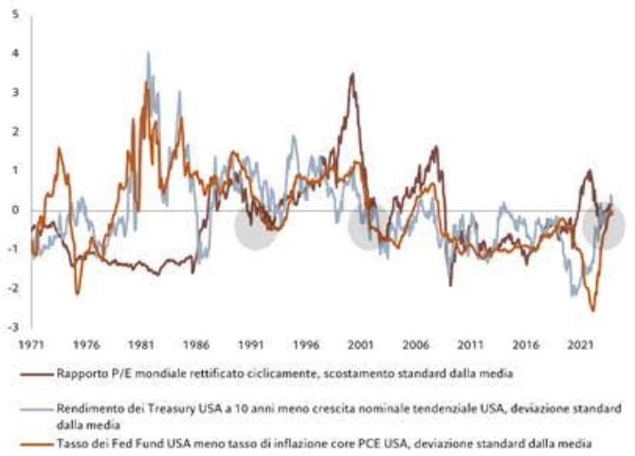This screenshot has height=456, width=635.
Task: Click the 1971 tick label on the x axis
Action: pos(30,345)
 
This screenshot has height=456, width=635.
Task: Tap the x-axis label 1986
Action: pos(196,345)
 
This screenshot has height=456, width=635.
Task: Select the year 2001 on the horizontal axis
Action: pos(361,345)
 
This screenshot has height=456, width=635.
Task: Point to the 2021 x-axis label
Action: pos(580,345)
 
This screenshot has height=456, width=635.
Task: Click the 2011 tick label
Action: pos(471,345)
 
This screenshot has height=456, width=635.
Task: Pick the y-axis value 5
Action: pos(16,14)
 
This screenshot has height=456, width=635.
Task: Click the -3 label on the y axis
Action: pos(13,327)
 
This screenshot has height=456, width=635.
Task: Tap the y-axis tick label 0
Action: pos(15,210)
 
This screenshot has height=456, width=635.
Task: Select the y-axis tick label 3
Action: pos(15,92)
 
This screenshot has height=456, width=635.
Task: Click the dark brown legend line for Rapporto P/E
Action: pos(37,374)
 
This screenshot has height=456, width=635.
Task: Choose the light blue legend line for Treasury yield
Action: pos(37,410)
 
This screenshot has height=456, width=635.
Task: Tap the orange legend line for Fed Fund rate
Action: pos(37,445)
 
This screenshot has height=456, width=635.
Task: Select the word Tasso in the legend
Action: pos(71,444)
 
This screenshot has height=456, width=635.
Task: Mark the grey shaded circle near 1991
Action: pos(255,227)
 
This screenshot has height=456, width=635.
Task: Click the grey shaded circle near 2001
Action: pos(368,227)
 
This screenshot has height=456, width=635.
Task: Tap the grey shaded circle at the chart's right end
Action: pos(604,227)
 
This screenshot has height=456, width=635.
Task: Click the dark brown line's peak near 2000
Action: pos(353,74)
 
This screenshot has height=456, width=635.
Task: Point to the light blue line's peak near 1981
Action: pos(148,53)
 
